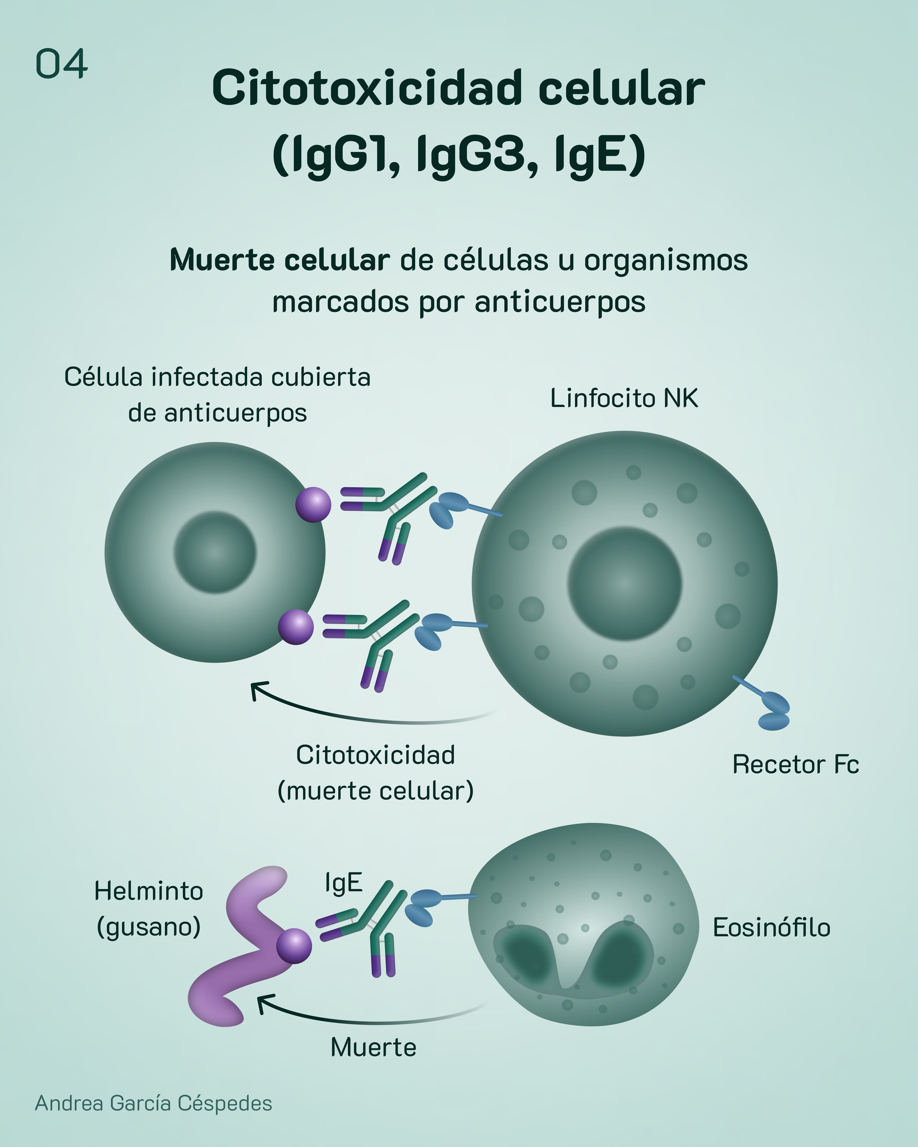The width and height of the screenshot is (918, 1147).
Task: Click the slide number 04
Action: (61, 64)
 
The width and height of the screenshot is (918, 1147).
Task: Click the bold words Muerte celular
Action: (279, 260)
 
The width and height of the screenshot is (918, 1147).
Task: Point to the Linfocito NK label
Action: (624, 398)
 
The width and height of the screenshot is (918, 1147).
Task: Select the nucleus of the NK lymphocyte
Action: (624, 583)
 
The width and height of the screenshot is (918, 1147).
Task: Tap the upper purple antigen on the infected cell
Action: (314, 504)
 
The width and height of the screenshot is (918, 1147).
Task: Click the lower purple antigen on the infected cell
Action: (296, 627)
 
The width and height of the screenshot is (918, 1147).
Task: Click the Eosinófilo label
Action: (771, 927)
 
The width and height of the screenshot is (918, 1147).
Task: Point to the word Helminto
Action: (148, 891)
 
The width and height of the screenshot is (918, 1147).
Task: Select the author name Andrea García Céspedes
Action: (153, 1103)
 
